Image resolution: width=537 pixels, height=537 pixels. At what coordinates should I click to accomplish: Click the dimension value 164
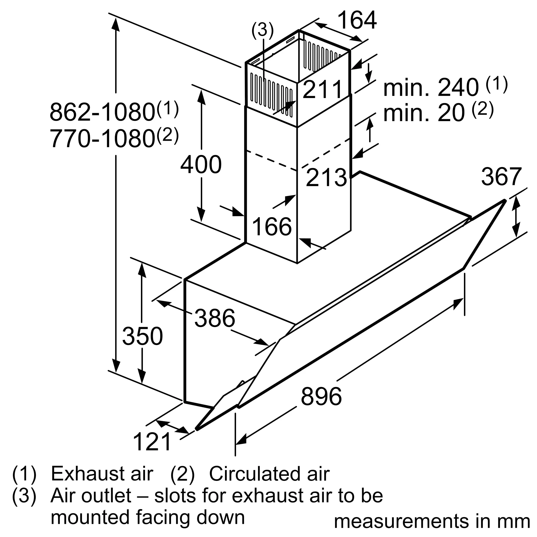(x=357, y=20)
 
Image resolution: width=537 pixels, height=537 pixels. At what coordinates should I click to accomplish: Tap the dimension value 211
(x=322, y=89)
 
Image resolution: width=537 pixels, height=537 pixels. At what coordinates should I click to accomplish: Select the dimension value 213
(x=326, y=177)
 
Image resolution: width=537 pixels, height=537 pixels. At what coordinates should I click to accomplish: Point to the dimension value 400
(x=201, y=165)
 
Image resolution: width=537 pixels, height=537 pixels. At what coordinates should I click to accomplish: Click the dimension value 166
(x=272, y=227)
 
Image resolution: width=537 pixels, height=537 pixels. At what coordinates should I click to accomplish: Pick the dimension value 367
(x=501, y=176)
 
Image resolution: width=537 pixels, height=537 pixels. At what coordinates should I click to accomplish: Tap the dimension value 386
(x=215, y=318)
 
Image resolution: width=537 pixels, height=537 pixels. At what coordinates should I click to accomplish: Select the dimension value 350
(x=142, y=336)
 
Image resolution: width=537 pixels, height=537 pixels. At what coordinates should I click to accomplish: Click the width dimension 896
(x=321, y=396)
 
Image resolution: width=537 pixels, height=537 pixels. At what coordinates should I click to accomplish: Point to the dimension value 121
(x=152, y=442)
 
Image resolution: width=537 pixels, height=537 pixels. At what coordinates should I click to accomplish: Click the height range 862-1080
(x=102, y=112)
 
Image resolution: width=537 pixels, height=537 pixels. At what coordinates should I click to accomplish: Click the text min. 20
(x=424, y=113)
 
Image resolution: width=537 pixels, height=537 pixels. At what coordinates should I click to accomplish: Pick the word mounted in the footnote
(x=90, y=517)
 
